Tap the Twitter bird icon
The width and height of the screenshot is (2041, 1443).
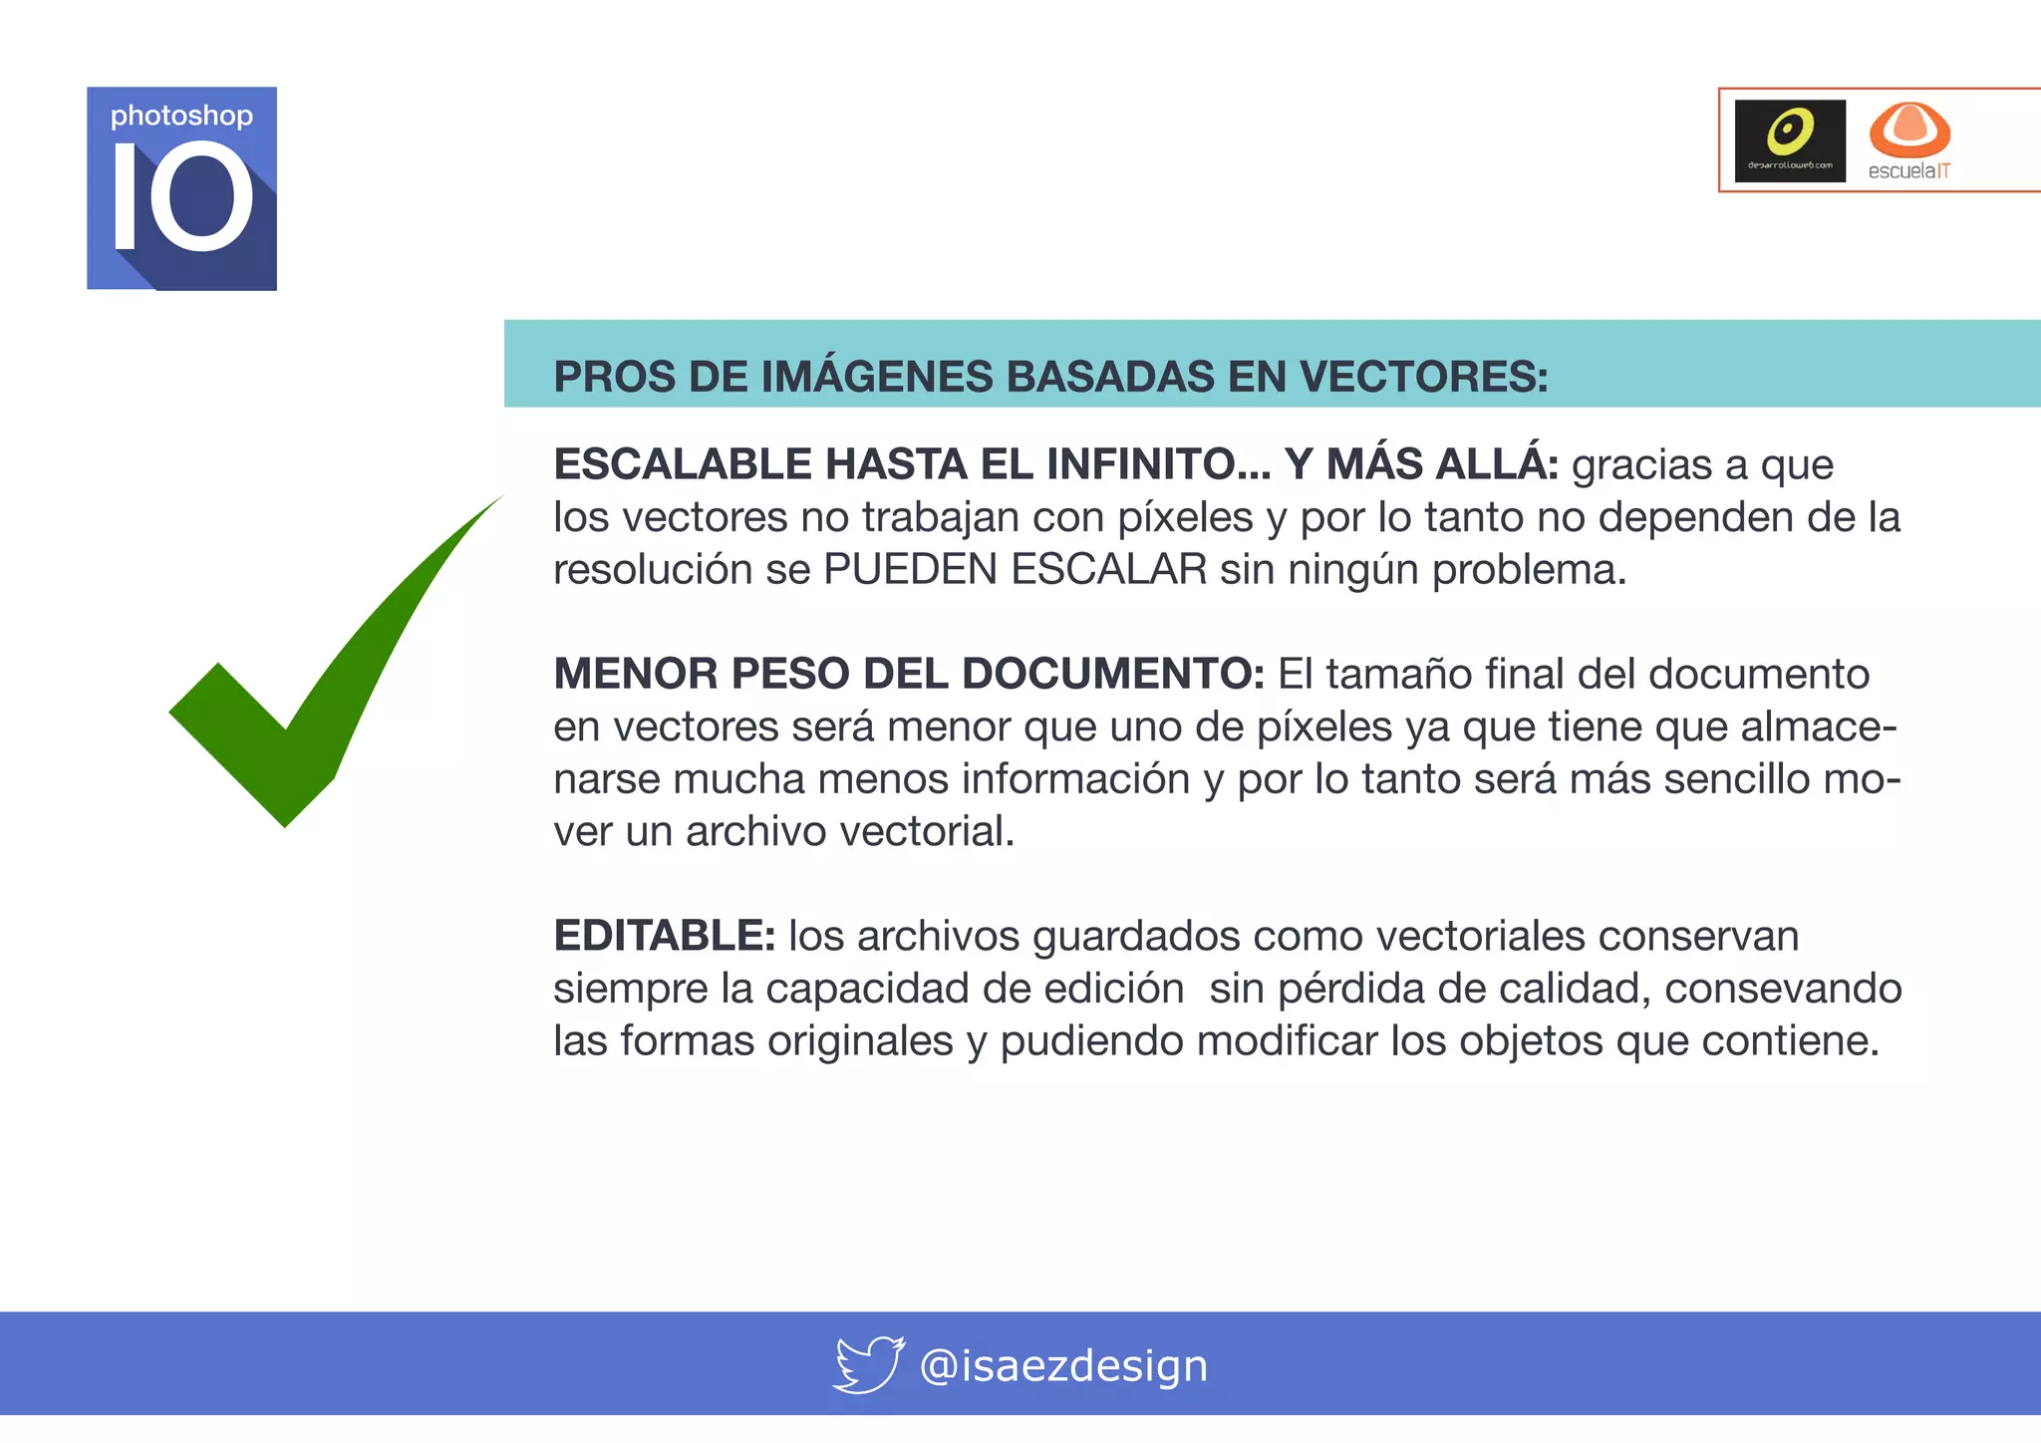coord(868,1364)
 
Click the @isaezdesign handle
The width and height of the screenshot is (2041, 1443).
coord(1063,1366)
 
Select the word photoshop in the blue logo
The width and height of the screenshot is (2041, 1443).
coord(181,117)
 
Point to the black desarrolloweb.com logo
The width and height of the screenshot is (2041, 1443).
coord(1790,141)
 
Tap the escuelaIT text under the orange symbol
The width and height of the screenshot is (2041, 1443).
coord(1908,171)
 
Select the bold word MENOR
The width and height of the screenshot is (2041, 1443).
coord(636,674)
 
